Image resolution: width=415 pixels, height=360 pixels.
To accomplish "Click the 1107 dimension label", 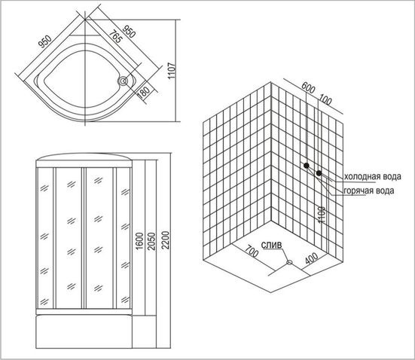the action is tap(172, 71).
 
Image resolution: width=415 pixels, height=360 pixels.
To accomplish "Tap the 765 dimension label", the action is tap(116, 37).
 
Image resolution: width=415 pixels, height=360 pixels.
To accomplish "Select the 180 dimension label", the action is tap(144, 93).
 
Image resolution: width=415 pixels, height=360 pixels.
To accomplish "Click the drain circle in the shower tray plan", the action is tap(123, 81).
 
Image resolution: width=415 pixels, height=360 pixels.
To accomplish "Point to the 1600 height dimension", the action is tap(139, 241).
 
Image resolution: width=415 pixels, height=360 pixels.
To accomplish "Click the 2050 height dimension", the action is tap(151, 241).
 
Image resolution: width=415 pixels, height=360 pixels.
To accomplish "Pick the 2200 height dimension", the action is tap(166, 240).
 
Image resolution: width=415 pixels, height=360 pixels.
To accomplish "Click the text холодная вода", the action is tap(372, 176).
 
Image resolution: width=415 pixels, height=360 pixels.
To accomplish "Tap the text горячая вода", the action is tap(369, 191).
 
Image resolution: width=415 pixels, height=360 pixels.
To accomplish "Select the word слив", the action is tap(272, 245).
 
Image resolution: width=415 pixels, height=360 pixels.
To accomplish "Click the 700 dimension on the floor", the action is tap(251, 252).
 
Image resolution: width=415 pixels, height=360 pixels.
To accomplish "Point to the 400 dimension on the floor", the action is tap(312, 258).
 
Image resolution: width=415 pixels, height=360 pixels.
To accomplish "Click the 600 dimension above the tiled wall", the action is tap(308, 88).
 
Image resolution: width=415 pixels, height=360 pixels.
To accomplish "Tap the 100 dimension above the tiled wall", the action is tap(325, 99).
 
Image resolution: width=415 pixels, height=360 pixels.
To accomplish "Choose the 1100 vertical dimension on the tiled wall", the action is tap(321, 215).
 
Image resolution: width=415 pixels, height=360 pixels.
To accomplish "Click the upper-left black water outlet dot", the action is tap(307, 166).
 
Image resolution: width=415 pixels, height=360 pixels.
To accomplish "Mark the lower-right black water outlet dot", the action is tap(319, 173).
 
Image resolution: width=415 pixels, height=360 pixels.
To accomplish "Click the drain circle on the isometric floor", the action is tap(289, 262).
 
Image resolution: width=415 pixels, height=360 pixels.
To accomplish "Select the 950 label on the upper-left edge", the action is tap(45, 41).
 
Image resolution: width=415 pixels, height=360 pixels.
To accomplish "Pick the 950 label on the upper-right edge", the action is tap(129, 32).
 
